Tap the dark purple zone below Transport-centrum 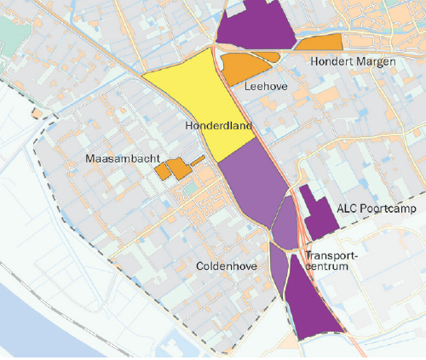tap(310, 306)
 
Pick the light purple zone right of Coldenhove tap(277, 268)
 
